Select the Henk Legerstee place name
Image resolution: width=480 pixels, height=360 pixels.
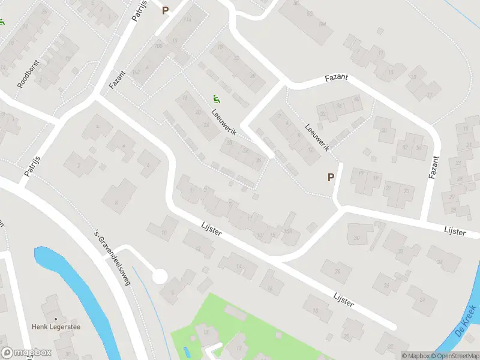(56, 327)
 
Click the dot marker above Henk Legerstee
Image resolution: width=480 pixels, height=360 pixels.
(56, 319)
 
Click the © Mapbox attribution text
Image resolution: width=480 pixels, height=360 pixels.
(415, 356)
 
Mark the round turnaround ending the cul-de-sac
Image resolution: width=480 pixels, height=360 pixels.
(160, 277)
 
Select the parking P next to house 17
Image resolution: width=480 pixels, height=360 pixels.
(330, 177)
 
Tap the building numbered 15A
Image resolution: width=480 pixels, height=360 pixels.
(289, 232)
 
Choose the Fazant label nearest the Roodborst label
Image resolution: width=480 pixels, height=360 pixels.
(117, 79)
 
